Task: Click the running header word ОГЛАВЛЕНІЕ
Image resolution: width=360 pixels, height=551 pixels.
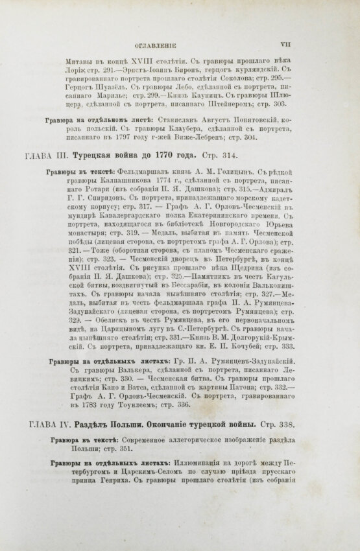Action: click(158, 46)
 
